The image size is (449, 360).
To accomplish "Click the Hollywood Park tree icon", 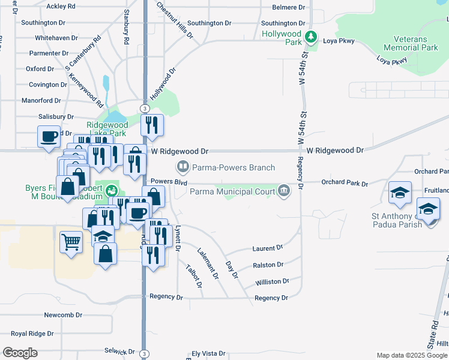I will pos(310,37).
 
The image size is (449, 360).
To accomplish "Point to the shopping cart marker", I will pos(71,243).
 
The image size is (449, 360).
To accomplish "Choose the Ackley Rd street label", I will pos(61,6).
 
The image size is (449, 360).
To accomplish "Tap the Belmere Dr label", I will pos(293,7).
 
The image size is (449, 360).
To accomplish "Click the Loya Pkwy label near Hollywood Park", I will pos(340,41).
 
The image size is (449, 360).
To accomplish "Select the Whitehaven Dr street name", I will pos(56,37).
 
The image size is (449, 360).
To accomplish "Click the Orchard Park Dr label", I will pos(343,182).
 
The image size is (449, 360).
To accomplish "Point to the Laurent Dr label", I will pos(268,248).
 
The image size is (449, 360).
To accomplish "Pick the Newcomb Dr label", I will pos(62,315).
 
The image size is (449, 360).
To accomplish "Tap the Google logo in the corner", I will pos(20,353).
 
